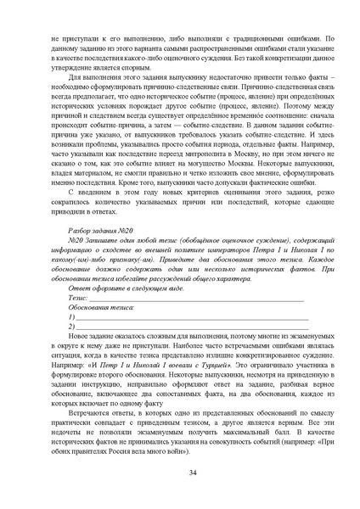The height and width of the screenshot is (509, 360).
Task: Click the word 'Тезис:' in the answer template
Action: tap(78, 298)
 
